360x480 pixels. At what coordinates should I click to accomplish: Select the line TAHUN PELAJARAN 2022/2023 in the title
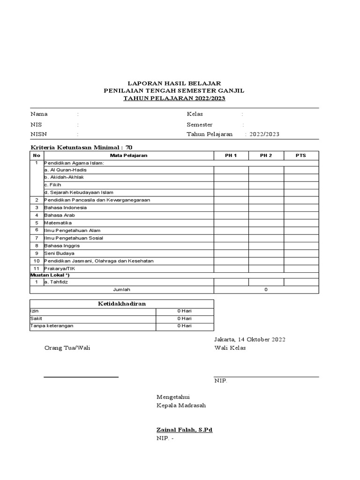[174, 98]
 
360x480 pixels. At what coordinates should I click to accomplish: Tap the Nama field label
[39, 114]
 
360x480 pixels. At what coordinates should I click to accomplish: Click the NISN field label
[39, 134]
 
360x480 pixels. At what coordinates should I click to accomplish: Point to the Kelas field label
[195, 114]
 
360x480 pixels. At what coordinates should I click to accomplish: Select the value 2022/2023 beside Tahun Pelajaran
[264, 134]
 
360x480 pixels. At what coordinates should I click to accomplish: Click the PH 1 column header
[231, 155]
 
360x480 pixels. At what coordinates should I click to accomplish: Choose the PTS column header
[300, 155]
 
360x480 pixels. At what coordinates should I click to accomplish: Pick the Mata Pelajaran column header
[128, 155]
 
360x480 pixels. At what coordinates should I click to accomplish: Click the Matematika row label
[58, 223]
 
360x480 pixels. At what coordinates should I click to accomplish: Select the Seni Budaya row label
[59, 253]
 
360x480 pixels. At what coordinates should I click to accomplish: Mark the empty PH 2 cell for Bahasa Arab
[266, 215]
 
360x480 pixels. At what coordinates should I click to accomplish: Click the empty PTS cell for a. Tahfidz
[301, 282]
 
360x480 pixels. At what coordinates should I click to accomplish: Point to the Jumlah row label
[122, 290]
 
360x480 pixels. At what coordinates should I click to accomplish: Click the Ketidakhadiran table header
[122, 304]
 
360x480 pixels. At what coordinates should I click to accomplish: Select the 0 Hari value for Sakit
[184, 318]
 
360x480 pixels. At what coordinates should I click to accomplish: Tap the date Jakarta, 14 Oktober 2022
[250, 339]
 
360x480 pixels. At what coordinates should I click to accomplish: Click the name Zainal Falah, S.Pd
[185, 430]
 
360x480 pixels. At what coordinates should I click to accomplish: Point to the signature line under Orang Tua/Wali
[81, 376]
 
